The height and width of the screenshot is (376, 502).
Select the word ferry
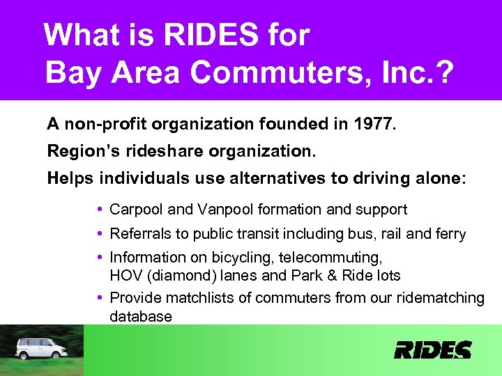[450, 234]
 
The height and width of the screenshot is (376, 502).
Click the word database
[140, 317]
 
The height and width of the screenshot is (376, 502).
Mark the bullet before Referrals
[102, 234]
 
